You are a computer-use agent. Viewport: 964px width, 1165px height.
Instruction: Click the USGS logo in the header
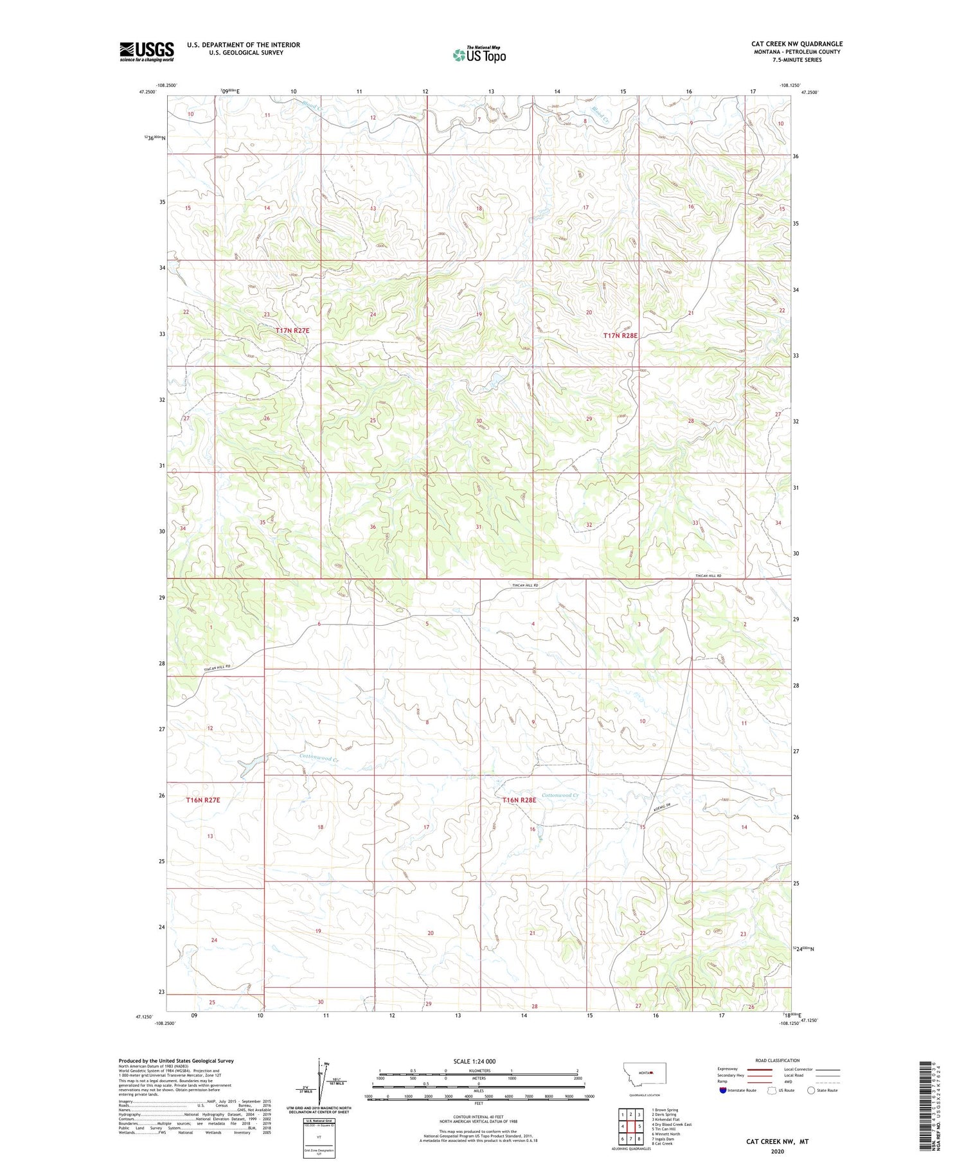click(x=147, y=51)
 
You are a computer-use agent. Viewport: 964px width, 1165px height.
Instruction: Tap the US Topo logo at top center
click(x=479, y=55)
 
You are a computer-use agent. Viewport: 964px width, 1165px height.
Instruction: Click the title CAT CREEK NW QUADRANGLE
click(x=796, y=44)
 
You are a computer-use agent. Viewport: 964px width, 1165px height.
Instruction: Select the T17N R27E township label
click(x=292, y=330)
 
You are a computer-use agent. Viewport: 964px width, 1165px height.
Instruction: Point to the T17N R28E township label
click(x=620, y=335)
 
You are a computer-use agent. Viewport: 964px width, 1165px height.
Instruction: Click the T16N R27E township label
click(x=203, y=800)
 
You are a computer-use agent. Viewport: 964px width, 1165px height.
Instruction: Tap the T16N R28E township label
click(x=519, y=800)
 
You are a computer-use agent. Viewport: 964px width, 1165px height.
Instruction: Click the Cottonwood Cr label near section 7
click(x=319, y=758)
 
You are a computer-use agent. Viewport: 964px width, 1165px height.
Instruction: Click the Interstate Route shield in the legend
click(x=722, y=1090)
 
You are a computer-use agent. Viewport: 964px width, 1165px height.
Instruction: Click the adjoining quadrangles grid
click(x=631, y=1126)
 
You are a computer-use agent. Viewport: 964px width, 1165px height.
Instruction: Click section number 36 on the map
click(x=373, y=527)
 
